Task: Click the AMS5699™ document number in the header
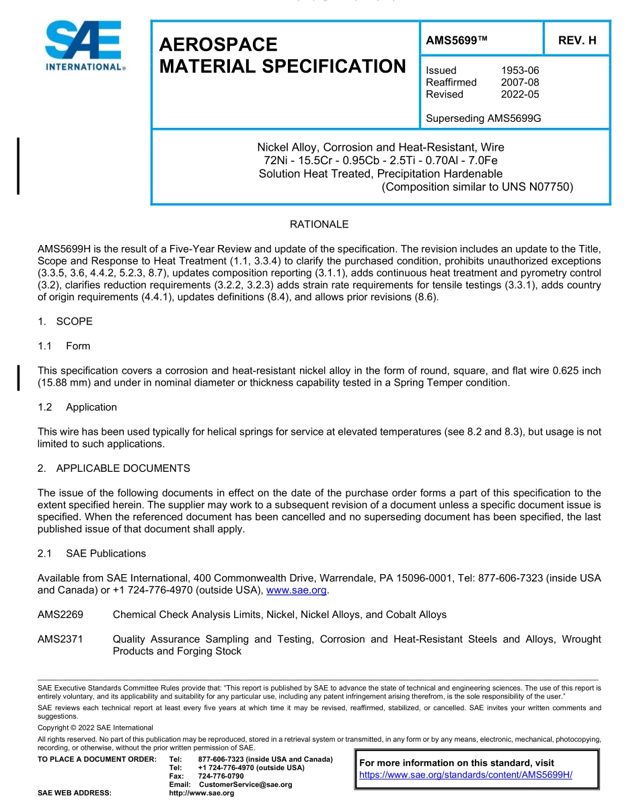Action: point(456,40)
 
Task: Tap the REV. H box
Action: point(576,40)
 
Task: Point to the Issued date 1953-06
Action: point(520,70)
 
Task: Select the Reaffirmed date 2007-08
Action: point(520,82)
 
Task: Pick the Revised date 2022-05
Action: point(520,94)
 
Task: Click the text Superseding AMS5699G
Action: point(483,118)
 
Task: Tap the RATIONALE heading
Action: point(319,224)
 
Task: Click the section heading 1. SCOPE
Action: point(65,321)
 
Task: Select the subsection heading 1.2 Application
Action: point(77,407)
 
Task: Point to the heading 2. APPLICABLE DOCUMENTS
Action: point(114,468)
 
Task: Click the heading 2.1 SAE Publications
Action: point(91,553)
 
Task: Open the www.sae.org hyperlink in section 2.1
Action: point(296,590)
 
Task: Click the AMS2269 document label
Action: point(61,614)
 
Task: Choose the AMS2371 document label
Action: point(61,639)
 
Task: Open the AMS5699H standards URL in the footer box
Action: point(465,775)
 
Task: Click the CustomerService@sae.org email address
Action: point(245,785)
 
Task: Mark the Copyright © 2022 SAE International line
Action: point(96,728)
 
